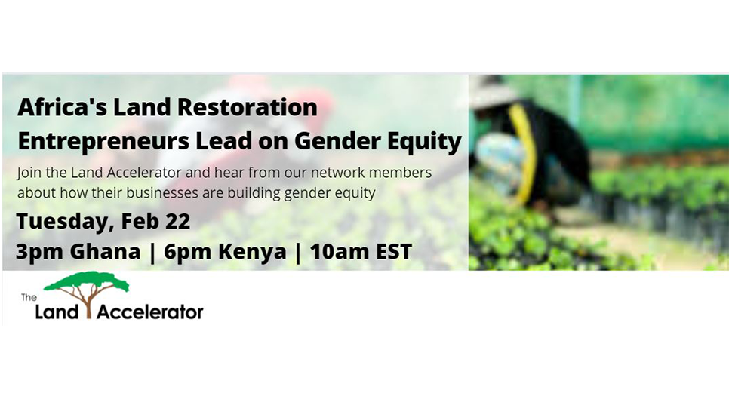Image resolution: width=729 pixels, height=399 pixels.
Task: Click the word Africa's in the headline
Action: tap(63, 107)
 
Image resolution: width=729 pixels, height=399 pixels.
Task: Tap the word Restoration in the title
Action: tap(248, 107)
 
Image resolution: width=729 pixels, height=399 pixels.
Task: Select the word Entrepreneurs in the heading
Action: tap(103, 141)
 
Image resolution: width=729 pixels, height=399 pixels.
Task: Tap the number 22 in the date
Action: tap(177, 221)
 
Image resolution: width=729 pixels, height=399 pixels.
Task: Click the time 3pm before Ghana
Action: tap(39, 253)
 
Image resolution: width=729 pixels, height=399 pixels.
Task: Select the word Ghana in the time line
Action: tap(105, 252)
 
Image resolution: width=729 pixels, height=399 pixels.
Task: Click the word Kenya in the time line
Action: tap(253, 253)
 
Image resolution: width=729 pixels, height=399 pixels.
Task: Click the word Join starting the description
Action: tap(29, 173)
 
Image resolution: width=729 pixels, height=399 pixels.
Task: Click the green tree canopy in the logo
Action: tap(87, 281)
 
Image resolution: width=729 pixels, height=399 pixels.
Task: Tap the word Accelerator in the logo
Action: tap(149, 312)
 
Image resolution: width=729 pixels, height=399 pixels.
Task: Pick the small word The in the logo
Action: tap(29, 297)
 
